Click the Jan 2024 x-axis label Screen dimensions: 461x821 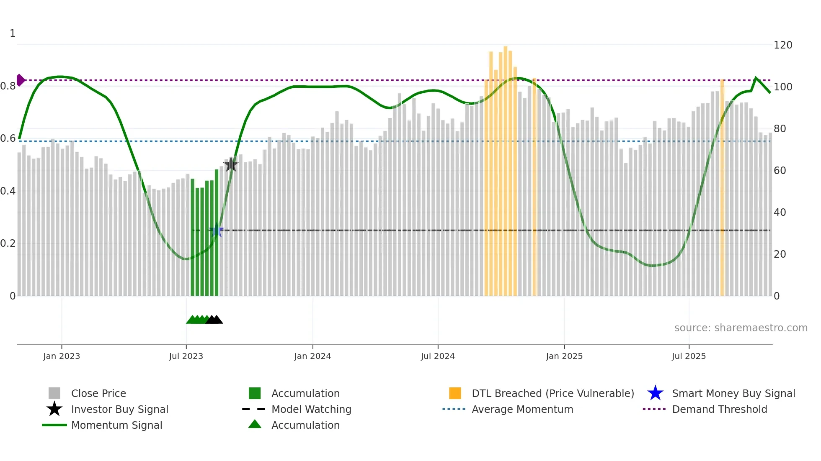[x=312, y=356]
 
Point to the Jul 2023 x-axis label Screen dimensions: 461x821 [x=186, y=356]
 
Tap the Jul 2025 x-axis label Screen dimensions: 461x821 [x=689, y=356]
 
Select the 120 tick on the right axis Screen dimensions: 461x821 [x=783, y=45]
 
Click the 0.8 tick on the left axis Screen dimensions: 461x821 [x=8, y=86]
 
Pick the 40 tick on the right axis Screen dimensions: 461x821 [x=780, y=213]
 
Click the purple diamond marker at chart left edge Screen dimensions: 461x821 [x=20, y=80]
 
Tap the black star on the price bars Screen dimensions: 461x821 [x=231, y=164]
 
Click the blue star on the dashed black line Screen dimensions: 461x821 [x=217, y=230]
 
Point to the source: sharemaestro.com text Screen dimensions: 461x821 [x=741, y=328]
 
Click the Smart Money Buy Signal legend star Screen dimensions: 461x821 [x=655, y=393]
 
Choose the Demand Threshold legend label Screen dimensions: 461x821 [x=719, y=409]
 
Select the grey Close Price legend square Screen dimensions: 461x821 [x=54, y=393]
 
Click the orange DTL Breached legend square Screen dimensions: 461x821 [x=455, y=393]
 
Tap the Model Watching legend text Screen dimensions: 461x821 [x=311, y=409]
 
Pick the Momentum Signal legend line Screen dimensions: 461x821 [x=54, y=425]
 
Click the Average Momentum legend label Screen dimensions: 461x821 [x=522, y=409]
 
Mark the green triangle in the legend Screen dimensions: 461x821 [x=255, y=424]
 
